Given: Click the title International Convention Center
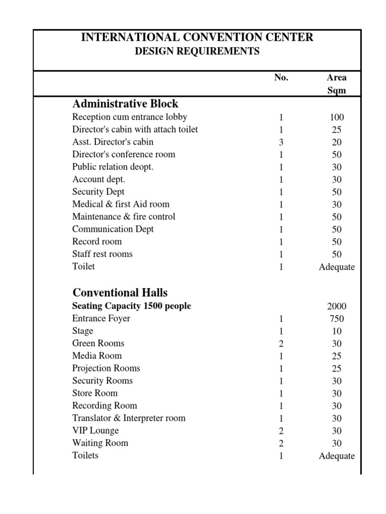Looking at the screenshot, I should (197, 37).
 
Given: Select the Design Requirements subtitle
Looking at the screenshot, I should (197, 51).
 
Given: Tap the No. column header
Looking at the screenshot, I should (281, 78).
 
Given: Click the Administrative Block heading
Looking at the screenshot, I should (125, 104).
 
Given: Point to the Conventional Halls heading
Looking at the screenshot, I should (120, 293).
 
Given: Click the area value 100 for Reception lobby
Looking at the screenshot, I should (337, 117).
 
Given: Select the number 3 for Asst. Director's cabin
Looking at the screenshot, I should (281, 142).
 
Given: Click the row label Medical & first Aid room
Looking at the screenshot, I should (121, 204).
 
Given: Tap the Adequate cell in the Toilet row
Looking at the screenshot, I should (337, 267).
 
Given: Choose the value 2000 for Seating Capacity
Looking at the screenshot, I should (337, 306).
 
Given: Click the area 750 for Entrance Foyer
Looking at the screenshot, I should (337, 319).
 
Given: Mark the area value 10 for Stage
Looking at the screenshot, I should (337, 331).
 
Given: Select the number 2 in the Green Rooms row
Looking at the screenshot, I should (281, 344).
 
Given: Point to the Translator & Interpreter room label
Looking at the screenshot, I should (129, 418).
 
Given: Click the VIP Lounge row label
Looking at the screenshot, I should (95, 431).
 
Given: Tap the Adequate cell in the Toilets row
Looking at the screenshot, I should (337, 456).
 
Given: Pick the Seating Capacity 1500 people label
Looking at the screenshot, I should (132, 306).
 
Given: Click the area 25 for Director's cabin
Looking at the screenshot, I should (337, 130).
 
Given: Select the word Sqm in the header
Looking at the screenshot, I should (337, 91).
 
